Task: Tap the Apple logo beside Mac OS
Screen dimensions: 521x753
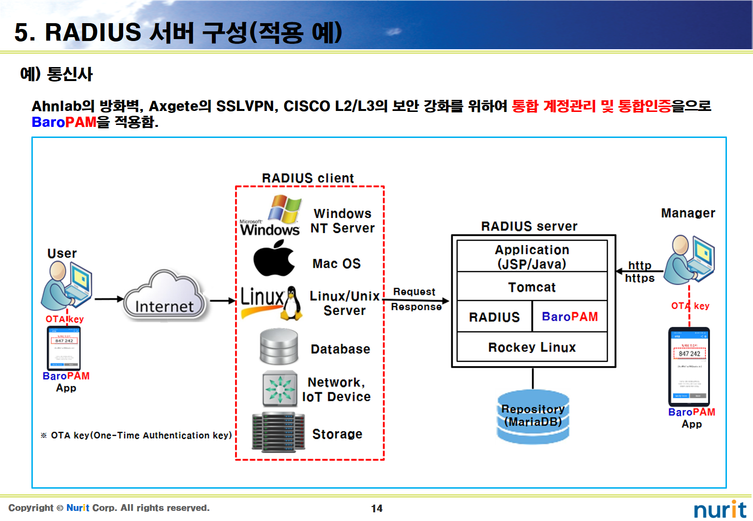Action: (274, 260)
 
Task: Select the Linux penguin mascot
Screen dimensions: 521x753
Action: (292, 303)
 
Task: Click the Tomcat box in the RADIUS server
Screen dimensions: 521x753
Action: (532, 287)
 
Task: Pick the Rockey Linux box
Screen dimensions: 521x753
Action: (532, 347)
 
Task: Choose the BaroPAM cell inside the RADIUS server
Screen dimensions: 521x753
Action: (570, 317)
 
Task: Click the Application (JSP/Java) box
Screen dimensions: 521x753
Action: (532, 257)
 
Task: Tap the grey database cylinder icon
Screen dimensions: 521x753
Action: (279, 347)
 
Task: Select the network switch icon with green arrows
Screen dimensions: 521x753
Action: (279, 389)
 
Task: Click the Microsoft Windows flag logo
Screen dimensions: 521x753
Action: (284, 208)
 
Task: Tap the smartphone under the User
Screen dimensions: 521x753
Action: (64, 348)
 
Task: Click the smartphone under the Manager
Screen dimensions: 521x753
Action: (689, 367)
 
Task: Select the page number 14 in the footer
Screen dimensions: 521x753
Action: (376, 508)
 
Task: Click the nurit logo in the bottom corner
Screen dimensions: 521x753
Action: (720, 509)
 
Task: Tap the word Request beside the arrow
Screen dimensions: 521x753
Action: (414, 292)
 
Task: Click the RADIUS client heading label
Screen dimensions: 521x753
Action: (308, 178)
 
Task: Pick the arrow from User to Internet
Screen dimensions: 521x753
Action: (109, 299)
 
